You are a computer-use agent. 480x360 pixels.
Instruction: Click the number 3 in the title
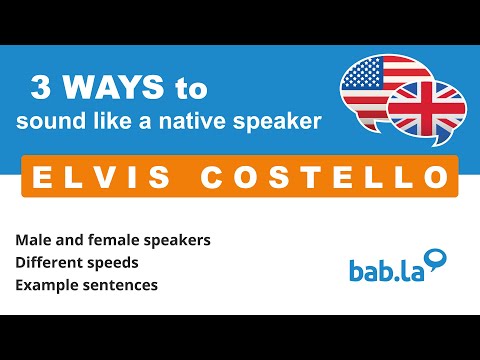pos(41,89)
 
